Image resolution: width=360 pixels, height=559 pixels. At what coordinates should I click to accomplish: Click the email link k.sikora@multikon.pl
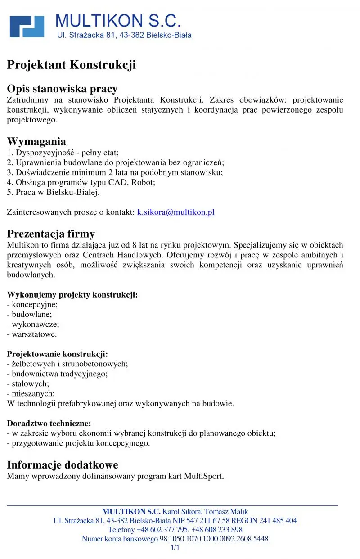pyautogui.click(x=175, y=212)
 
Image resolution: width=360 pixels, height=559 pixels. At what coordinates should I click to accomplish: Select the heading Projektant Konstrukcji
pyautogui.click(x=71, y=65)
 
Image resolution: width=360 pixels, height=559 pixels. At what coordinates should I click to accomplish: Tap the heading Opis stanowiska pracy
pyautogui.click(x=62, y=89)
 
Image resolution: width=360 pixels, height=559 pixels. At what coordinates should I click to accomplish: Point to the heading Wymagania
pyautogui.click(x=36, y=142)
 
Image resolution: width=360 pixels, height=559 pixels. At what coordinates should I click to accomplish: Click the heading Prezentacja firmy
pyautogui.click(x=51, y=234)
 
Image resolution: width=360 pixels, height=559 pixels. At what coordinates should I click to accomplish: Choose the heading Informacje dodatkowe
pyautogui.click(x=63, y=465)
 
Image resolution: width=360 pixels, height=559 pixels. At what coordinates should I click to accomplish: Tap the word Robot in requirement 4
pyautogui.click(x=143, y=183)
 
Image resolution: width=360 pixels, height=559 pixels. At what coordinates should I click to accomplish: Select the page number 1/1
pyautogui.click(x=175, y=548)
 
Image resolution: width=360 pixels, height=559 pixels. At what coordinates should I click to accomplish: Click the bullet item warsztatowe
pyautogui.click(x=34, y=334)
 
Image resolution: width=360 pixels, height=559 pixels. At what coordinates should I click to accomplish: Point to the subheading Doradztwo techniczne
pyautogui.click(x=49, y=424)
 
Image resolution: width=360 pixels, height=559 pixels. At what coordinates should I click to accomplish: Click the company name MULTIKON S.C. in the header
pyautogui.click(x=118, y=20)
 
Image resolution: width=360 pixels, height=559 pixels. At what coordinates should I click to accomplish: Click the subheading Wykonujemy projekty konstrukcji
pyautogui.click(x=72, y=295)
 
